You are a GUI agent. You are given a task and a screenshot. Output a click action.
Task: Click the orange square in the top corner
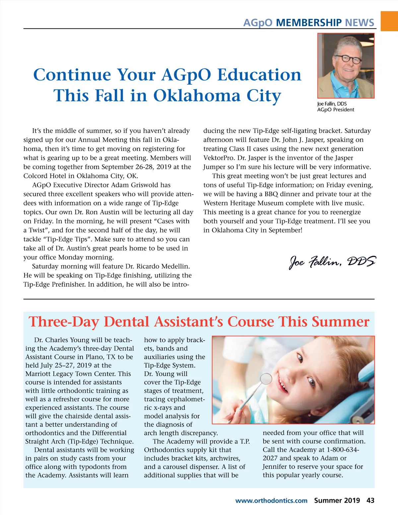pyautogui.click(x=389, y=21)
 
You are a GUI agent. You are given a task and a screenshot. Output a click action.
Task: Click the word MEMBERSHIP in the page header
pyautogui.click(x=308, y=23)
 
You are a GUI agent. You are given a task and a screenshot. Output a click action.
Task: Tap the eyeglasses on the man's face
pyautogui.click(x=347, y=59)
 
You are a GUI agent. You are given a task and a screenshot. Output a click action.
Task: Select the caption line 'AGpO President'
pyautogui.click(x=335, y=110)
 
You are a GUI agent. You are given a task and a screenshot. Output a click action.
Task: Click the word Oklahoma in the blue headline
pyautogui.click(x=197, y=96)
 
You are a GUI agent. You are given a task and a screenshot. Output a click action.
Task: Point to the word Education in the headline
pyautogui.click(x=259, y=75)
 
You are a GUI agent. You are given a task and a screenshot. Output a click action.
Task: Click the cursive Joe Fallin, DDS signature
pyautogui.click(x=333, y=262)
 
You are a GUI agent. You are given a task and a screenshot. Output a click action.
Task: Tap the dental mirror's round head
pyautogui.click(x=266, y=378)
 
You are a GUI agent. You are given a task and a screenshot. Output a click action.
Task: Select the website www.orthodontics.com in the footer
pyautogui.click(x=271, y=501)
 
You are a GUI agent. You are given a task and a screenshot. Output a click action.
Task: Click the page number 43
pyautogui.click(x=370, y=500)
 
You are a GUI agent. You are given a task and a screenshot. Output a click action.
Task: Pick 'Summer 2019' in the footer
pyautogui.click(x=337, y=500)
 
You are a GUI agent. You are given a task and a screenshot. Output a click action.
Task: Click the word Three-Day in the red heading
pyautogui.click(x=65, y=322)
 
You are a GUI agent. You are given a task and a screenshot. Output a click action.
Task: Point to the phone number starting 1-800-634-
pyautogui.click(x=343, y=450)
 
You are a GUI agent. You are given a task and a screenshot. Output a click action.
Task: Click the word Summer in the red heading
pyautogui.click(x=340, y=322)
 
